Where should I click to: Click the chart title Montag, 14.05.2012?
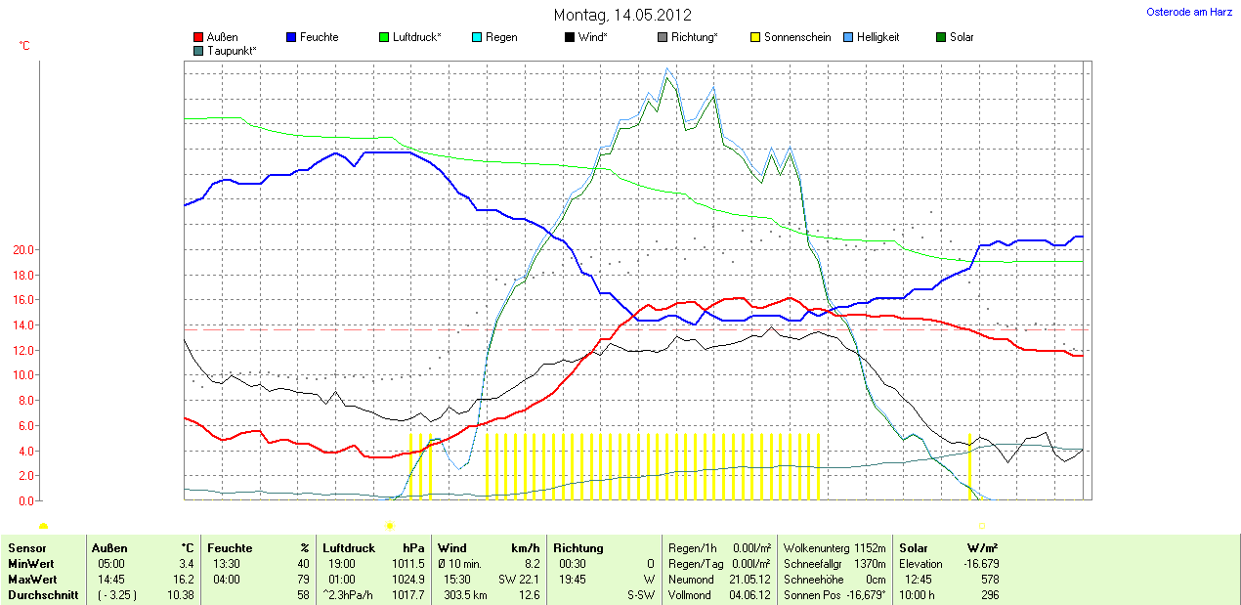click(x=622, y=15)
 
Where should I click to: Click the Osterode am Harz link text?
click(x=1188, y=12)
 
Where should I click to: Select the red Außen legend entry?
click(x=216, y=37)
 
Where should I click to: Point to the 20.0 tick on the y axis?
click(x=22, y=250)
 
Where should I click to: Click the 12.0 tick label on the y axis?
click(x=22, y=351)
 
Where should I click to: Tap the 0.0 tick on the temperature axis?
click(x=25, y=501)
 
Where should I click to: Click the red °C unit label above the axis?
click(x=24, y=46)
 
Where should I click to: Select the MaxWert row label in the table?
click(x=32, y=580)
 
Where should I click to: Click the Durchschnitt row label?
click(x=43, y=595)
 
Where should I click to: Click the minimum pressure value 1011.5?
click(x=407, y=564)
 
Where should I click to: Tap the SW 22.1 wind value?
click(x=519, y=580)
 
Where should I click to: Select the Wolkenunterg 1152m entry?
click(x=834, y=548)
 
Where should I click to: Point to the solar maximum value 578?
click(x=988, y=580)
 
